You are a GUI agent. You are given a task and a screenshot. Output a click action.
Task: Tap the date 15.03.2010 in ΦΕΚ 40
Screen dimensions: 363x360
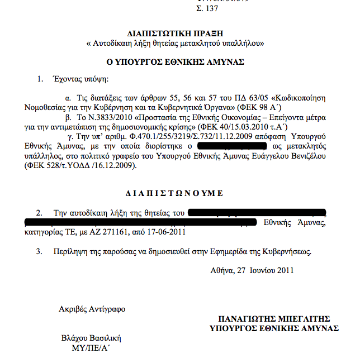tap(238, 127)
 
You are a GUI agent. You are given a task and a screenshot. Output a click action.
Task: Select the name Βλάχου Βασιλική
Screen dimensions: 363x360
tap(91, 338)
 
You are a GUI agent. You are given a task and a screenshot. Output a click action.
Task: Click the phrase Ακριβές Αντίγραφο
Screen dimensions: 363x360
tap(92, 309)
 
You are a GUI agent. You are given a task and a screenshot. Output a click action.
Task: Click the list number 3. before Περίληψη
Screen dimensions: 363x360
tap(39, 252)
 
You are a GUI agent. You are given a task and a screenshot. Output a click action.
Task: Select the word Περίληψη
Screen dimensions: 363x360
tap(68, 252)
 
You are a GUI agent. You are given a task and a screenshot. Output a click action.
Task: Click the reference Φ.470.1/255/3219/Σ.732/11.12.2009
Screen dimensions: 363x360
tap(179, 136)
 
